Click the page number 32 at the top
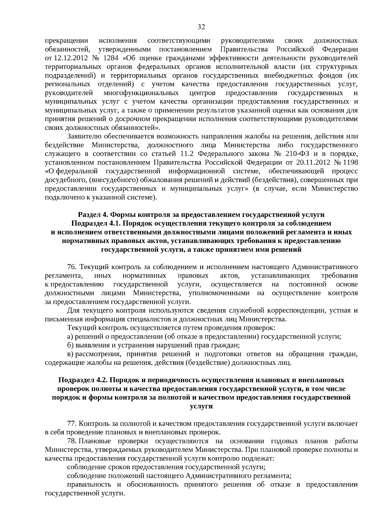[x=201, y=27]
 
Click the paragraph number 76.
[x=72, y=267]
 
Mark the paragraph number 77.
[x=72, y=424]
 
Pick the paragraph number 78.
[x=72, y=441]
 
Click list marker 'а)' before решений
[x=70, y=337]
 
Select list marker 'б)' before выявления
[x=70, y=345]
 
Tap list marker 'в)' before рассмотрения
[x=70, y=354]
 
